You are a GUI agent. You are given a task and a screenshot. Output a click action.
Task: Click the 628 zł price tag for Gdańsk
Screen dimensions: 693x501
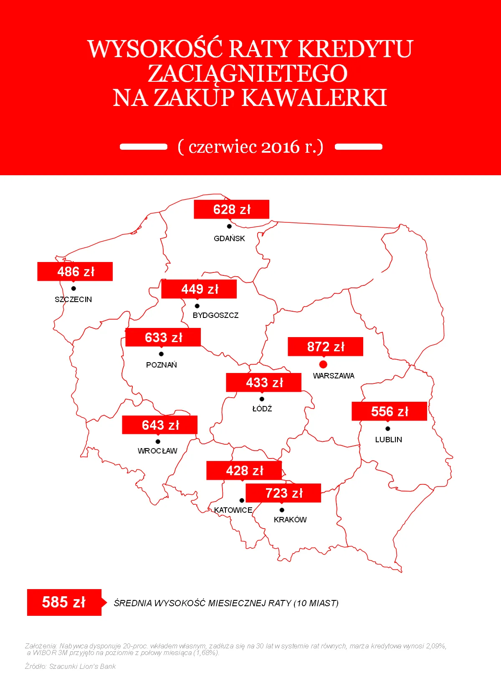tap(231, 209)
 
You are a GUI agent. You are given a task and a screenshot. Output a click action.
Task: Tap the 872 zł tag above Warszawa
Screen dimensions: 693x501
tap(325, 346)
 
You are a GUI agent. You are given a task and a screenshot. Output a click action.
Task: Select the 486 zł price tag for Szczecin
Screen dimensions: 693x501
tap(75, 271)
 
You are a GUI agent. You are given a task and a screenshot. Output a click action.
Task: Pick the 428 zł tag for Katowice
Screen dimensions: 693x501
tap(244, 470)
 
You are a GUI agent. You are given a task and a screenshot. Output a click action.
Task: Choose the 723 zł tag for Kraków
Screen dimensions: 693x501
tap(283, 493)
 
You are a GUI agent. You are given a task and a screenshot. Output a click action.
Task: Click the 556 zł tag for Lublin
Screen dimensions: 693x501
tap(389, 411)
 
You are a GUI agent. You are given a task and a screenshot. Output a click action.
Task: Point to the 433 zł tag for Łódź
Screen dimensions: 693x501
tap(263, 382)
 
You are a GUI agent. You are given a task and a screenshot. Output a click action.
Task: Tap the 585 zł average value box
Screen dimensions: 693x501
tap(64, 602)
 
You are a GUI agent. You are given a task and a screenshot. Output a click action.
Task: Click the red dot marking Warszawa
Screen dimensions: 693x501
tap(323, 364)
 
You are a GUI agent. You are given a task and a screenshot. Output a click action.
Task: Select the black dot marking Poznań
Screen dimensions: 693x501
tap(161, 354)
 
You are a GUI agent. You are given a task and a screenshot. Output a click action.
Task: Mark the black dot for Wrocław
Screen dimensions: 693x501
tap(158, 441)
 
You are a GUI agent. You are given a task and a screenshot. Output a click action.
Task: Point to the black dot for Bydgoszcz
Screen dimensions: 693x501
tap(197, 306)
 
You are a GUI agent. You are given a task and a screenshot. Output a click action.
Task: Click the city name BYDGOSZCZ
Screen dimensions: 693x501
tap(215, 315)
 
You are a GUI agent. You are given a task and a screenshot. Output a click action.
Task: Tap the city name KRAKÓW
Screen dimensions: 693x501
tap(290, 520)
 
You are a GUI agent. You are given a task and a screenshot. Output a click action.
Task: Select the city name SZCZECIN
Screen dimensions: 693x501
tap(73, 300)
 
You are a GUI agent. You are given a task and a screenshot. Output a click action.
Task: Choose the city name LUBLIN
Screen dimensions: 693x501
tap(388, 440)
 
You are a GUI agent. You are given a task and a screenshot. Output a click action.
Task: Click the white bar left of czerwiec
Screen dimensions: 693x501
tap(143, 147)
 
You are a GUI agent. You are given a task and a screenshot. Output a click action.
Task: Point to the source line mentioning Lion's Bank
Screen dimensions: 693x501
tap(70, 666)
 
